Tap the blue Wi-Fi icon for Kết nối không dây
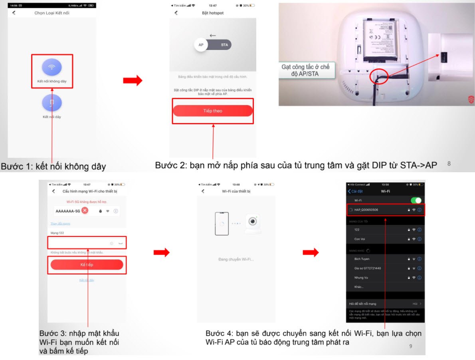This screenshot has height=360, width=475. (x=52, y=67)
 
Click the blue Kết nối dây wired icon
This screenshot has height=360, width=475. (x=52, y=103)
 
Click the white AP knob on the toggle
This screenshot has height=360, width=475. (x=201, y=45)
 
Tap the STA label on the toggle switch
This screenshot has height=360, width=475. (x=224, y=45)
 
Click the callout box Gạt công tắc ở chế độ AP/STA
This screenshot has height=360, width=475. (x=305, y=70)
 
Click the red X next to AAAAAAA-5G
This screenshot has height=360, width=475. (x=85, y=211)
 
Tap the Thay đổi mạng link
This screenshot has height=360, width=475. (x=60, y=223)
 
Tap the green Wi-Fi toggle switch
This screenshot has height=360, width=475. (x=416, y=200)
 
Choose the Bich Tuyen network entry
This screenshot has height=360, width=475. (x=362, y=259)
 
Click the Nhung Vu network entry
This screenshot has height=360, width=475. (x=361, y=277)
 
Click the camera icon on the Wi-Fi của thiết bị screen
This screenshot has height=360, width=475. (x=251, y=223)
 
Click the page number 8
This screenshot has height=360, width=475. (x=449, y=163)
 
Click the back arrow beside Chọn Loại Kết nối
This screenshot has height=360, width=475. (x=14, y=13)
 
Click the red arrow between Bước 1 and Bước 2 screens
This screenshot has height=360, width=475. (x=133, y=80)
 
